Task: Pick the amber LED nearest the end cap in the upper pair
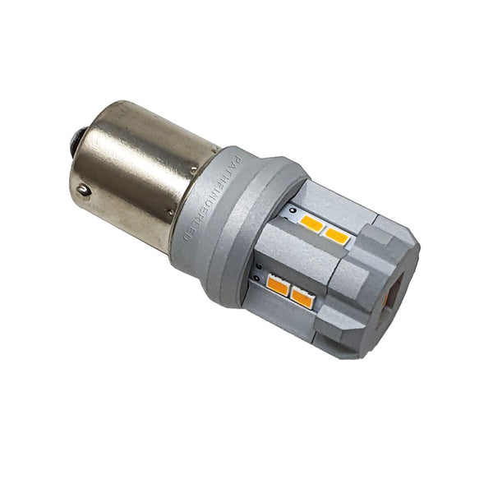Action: point(335,236)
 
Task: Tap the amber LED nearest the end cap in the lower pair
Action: point(302,297)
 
